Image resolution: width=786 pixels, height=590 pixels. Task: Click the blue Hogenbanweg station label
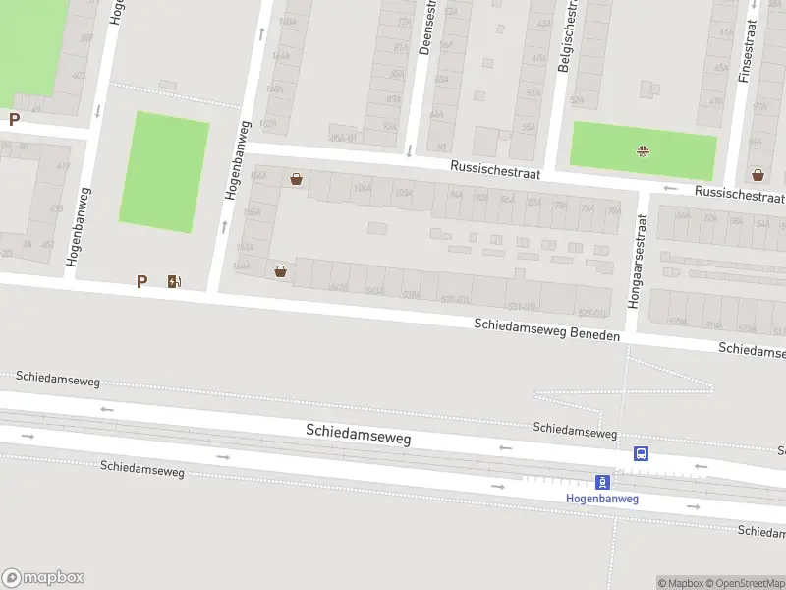pyautogui.click(x=602, y=499)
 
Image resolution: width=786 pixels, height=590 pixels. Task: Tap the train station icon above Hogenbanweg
pyautogui.click(x=603, y=482)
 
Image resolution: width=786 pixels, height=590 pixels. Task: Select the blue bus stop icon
pyautogui.click(x=641, y=453)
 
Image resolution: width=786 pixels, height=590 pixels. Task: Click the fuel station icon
pyautogui.click(x=175, y=282)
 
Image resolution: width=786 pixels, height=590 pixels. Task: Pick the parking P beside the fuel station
pyautogui.click(x=141, y=282)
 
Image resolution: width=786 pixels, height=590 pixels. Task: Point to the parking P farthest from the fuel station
pyautogui.click(x=14, y=120)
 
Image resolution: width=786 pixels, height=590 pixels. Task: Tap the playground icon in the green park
pyautogui.click(x=643, y=150)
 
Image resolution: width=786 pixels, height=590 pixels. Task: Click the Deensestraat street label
pyautogui.click(x=427, y=28)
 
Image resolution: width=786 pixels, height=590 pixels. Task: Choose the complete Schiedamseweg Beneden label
pyautogui.click(x=547, y=329)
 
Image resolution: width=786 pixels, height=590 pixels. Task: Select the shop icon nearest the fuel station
pyautogui.click(x=281, y=271)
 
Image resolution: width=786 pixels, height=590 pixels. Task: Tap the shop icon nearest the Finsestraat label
pyautogui.click(x=758, y=175)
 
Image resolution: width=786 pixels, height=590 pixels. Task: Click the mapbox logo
pyautogui.click(x=43, y=578)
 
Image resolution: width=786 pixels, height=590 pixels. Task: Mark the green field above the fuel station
pyautogui.click(x=164, y=172)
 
